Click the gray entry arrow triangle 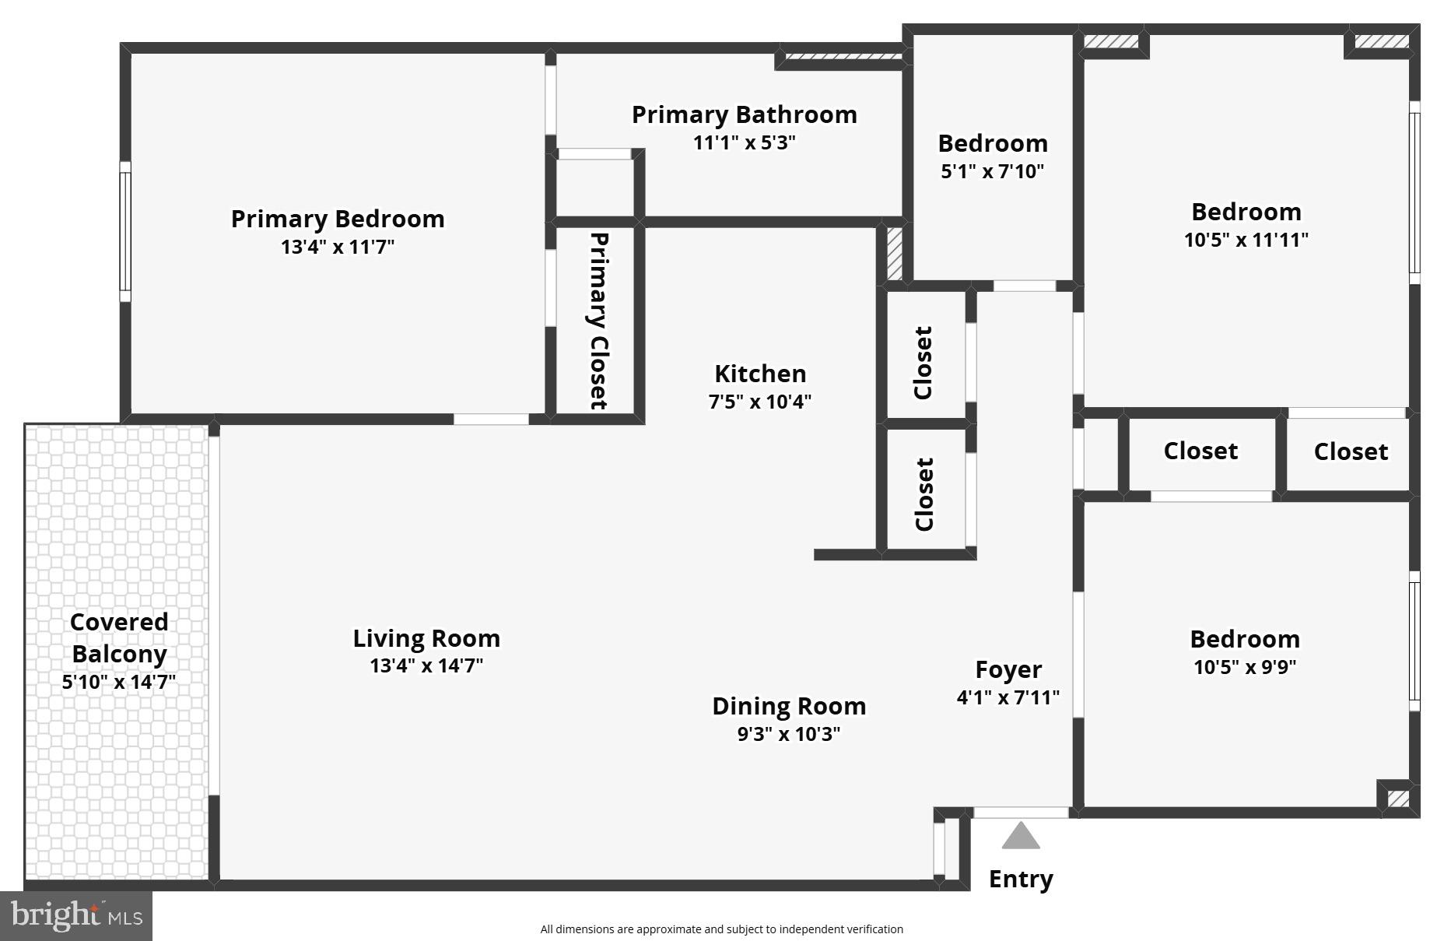pos(1020,837)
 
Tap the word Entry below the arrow pos(1020,879)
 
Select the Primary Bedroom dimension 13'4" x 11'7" pos(337,248)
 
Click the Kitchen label pos(759,374)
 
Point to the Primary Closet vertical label pos(598,321)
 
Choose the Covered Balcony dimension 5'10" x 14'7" pos(118,683)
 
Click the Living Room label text pos(426,638)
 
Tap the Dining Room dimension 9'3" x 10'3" pos(788,734)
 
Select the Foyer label pos(1008,669)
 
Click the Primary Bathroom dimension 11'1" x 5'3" pos(744,143)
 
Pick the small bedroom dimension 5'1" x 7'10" pos(992,171)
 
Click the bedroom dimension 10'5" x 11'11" pos(1246,240)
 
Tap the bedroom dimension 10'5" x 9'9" pos(1244,667)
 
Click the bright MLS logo pos(76,915)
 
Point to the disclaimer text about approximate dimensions pos(721,929)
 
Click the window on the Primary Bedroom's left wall pos(124,232)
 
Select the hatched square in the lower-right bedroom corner pos(1398,799)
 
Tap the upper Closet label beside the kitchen pos(923,363)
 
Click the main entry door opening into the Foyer pos(1021,813)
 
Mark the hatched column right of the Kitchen pos(895,252)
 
